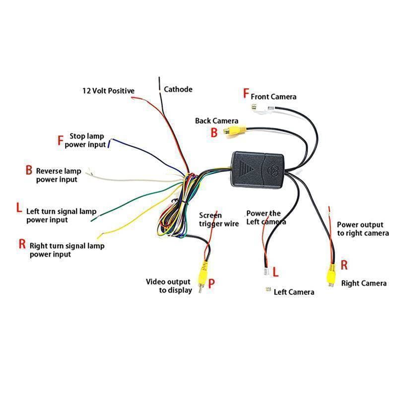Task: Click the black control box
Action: click(257, 170)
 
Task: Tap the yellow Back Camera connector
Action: click(234, 132)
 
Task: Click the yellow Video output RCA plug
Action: click(203, 276)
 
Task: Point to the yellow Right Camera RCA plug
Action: click(331, 275)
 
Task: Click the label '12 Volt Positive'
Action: click(108, 91)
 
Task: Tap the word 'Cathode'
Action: click(178, 89)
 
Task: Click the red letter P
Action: click(211, 283)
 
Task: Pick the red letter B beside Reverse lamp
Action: click(29, 170)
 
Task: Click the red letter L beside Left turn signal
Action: click(19, 207)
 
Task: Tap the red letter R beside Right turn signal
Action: click(22, 244)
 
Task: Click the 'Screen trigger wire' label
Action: click(219, 219)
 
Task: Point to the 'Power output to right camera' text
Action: click(363, 229)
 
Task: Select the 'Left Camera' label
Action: click(294, 292)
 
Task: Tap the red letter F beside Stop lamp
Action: click(60, 140)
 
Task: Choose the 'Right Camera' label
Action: click(364, 283)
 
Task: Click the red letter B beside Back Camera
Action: click(214, 132)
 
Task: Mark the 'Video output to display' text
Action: click(169, 286)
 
